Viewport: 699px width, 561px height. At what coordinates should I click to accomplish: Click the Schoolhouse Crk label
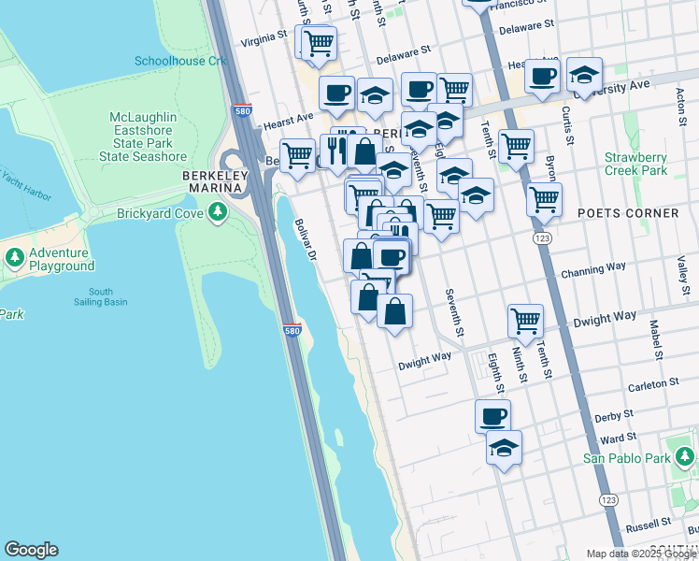pyautogui.click(x=180, y=61)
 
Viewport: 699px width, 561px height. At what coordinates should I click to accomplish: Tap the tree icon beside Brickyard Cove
pyautogui.click(x=218, y=213)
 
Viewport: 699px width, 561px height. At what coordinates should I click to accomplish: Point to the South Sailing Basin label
pyautogui.click(x=101, y=295)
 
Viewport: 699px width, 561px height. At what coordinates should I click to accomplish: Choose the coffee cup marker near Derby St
pyautogui.click(x=492, y=415)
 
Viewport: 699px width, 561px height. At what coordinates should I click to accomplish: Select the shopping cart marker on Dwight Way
pyautogui.click(x=526, y=321)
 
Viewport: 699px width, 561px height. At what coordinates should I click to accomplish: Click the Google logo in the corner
pyautogui.click(x=31, y=550)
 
